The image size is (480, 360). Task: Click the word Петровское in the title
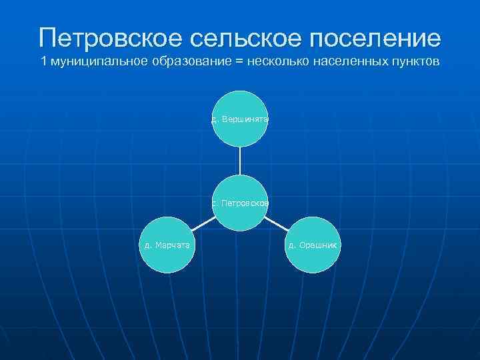coord(109,37)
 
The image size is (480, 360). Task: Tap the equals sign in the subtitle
coord(237,63)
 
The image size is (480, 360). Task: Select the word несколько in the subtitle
coord(274,63)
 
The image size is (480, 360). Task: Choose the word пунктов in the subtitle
coord(409,63)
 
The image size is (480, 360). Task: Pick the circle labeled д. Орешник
coord(314,245)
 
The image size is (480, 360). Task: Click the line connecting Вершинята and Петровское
coord(240,161)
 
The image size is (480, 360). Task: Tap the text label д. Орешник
coord(314,245)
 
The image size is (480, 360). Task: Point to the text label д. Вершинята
coord(240,119)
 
